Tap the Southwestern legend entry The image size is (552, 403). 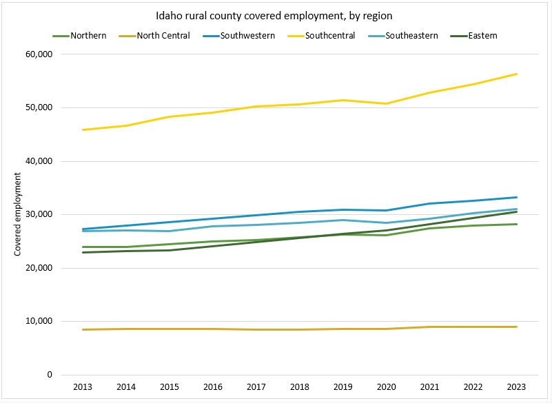pyautogui.click(x=247, y=35)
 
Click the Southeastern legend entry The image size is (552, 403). pyautogui.click(x=411, y=35)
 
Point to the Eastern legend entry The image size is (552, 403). pyautogui.click(x=482, y=35)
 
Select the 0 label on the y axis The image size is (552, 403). pyautogui.click(x=50, y=375)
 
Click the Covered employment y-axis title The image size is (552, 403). pyautogui.click(x=19, y=214)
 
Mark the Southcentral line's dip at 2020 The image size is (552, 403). pyautogui.click(x=387, y=104)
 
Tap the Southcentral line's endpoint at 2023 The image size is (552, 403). pyautogui.click(x=517, y=74)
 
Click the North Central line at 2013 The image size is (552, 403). pyautogui.click(x=83, y=329)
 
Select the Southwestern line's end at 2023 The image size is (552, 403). pyautogui.click(x=517, y=198)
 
